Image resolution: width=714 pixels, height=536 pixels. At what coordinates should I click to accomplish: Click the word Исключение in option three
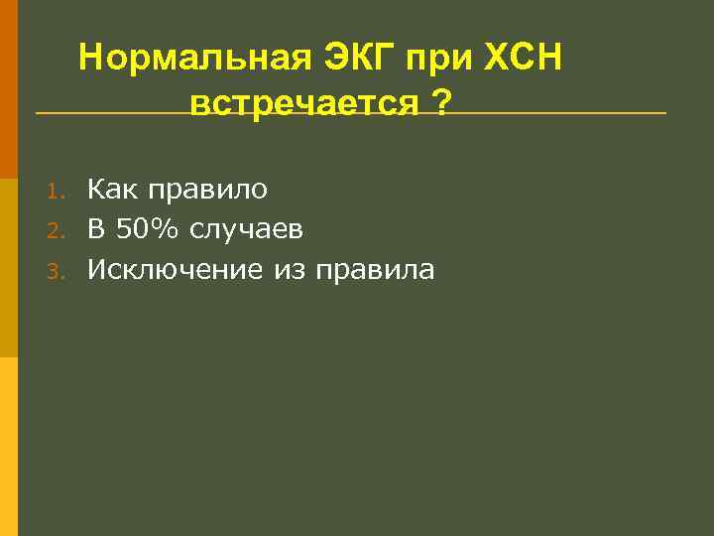click(x=172, y=270)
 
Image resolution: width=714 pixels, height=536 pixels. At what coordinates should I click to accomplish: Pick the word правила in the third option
click(x=374, y=270)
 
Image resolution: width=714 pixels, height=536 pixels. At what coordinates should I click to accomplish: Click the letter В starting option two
click(x=95, y=229)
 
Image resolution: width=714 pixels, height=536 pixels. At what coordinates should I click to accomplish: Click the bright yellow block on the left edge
click(x=8, y=447)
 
